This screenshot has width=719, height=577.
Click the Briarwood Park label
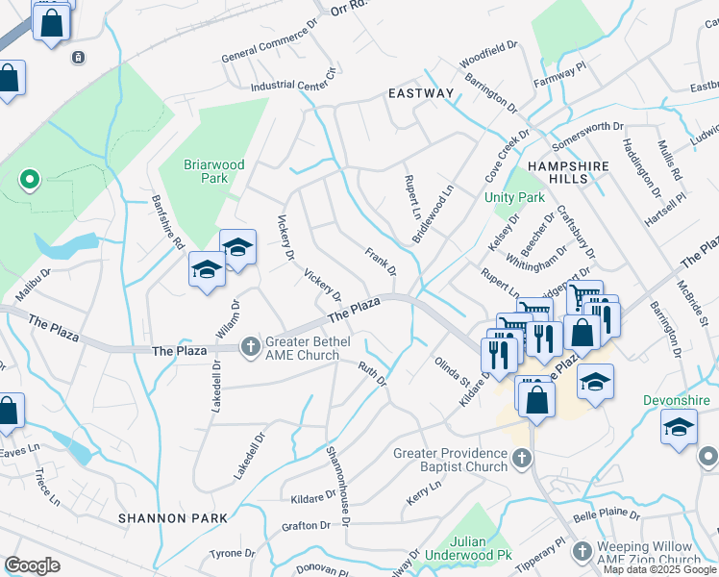(207, 170)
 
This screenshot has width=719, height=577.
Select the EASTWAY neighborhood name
(420, 93)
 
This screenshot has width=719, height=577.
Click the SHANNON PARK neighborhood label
(173, 518)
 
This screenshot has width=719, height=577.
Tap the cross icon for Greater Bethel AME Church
(251, 344)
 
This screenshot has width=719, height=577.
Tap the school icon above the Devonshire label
(679, 426)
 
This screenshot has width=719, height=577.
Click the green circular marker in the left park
(30, 179)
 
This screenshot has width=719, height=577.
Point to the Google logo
(32, 565)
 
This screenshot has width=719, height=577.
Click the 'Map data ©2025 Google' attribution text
(659, 569)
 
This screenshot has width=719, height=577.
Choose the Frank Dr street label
(380, 260)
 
